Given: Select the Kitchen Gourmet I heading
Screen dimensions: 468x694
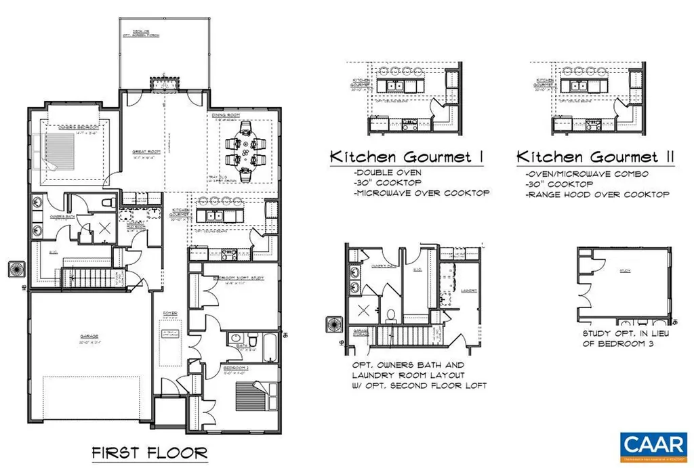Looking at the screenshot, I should tap(406, 157).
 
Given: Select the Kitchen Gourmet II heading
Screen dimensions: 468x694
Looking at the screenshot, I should tap(596, 157).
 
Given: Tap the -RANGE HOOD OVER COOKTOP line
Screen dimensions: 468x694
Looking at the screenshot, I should tap(597, 194).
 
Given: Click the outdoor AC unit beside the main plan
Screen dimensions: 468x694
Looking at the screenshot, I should tap(15, 270).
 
